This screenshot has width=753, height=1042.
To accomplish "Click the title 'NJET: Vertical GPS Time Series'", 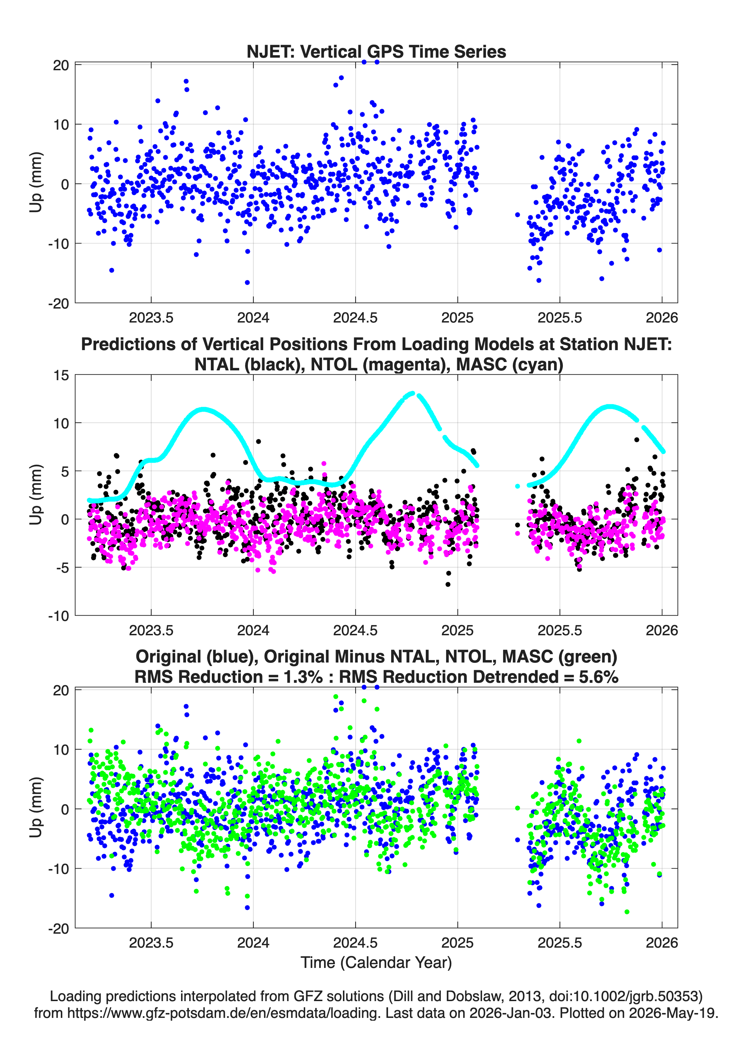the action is (376, 51).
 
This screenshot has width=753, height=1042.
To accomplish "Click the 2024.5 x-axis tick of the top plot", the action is (356, 318).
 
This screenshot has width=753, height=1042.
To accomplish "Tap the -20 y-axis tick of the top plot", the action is (58, 303).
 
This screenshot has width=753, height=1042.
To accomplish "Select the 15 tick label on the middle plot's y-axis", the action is (61, 375).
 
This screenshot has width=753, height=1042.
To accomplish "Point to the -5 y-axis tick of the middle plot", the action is (62, 568).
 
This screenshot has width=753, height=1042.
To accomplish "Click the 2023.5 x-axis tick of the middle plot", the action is (151, 630).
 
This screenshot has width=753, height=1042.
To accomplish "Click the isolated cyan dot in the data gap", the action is (518, 486).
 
